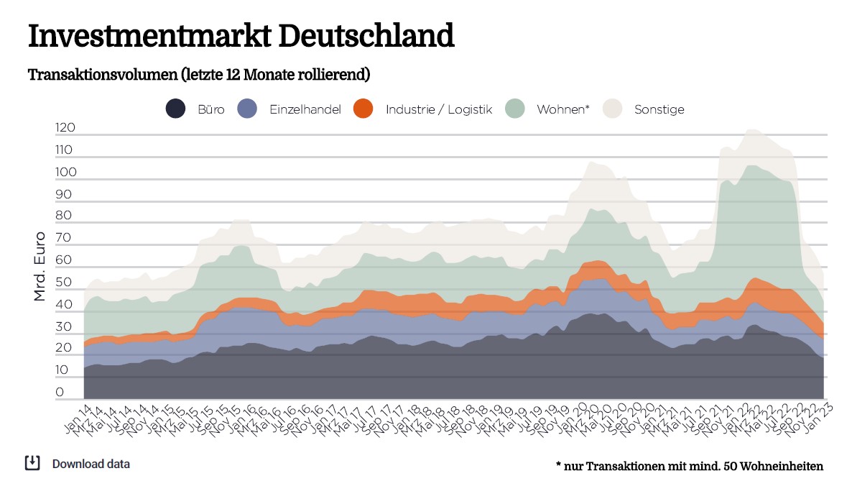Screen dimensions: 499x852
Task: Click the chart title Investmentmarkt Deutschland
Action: coord(241,35)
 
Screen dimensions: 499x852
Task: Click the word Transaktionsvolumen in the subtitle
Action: coord(102,75)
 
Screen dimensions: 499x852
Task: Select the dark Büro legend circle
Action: coord(176,109)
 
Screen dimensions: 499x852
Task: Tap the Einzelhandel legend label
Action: coord(305,110)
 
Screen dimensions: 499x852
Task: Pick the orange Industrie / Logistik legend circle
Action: coord(364,109)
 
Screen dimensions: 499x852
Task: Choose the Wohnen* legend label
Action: coord(563,110)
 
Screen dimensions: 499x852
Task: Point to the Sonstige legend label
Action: coord(659,110)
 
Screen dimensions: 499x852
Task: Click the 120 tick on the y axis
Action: coord(65,128)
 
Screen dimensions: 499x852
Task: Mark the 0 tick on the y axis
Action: coord(60,393)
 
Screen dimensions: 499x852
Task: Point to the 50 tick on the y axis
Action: coord(65,283)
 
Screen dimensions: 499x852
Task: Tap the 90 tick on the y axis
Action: coord(65,194)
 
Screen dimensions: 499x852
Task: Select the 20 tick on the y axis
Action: coord(65,348)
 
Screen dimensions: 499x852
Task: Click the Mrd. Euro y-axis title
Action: coord(40,265)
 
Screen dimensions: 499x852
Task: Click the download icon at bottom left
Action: coord(32,463)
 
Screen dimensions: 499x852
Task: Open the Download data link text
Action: coord(91,464)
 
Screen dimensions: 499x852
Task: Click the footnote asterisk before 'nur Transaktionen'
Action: coord(558,465)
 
